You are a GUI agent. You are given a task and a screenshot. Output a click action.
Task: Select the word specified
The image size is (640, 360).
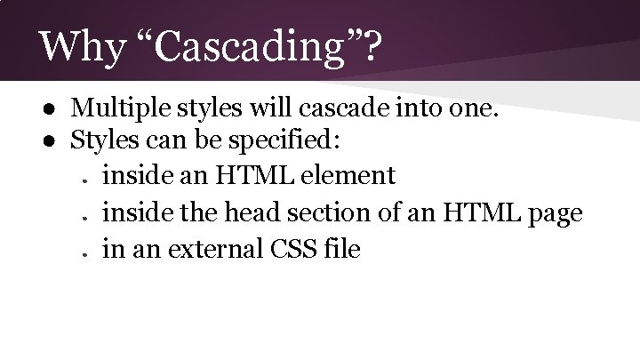click(298, 140)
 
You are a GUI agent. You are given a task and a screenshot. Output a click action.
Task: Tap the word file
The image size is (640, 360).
click(343, 249)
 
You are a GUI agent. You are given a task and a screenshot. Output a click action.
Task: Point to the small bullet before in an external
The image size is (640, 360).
click(82, 253)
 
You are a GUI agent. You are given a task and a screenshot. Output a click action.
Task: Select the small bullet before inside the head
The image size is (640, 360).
click(82, 217)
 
